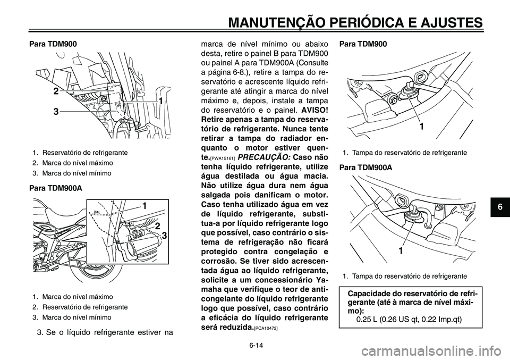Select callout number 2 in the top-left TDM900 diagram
(56, 91)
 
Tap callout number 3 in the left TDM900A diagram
(165, 235)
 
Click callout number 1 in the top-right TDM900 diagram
(421, 127)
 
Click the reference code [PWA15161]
(223, 159)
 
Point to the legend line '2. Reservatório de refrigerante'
(80, 307)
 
